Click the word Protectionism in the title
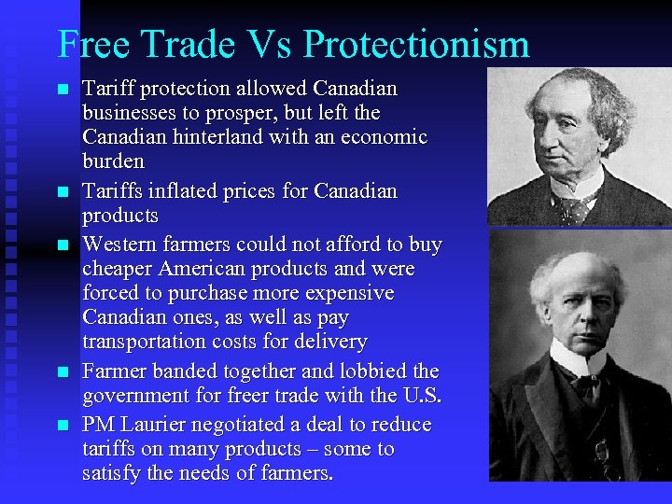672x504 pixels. coord(416,44)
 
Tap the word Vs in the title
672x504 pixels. coord(270,44)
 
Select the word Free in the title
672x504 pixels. coord(91,44)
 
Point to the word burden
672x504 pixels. coord(113,161)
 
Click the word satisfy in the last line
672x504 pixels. coord(111,473)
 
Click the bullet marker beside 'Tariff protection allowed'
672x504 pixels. coord(63,90)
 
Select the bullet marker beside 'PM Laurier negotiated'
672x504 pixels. coord(63,426)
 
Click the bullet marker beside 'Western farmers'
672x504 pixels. coord(63,245)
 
